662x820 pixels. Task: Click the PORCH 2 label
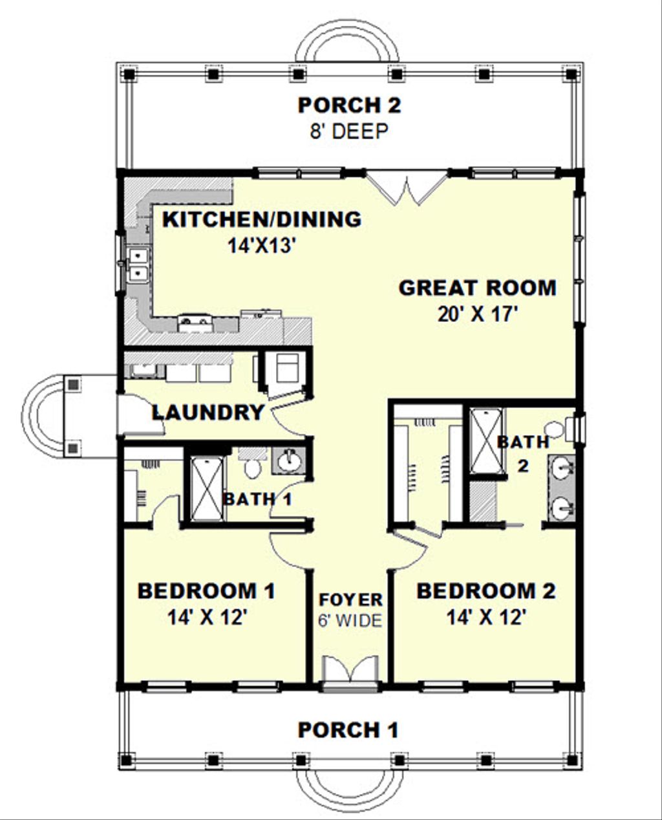click(349, 105)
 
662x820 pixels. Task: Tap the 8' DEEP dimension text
click(349, 131)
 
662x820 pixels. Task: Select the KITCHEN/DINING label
click(261, 219)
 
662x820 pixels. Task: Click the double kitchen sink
click(138, 265)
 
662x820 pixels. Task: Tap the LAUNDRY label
click(208, 412)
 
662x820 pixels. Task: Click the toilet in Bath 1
click(251, 464)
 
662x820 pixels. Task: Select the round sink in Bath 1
click(288, 461)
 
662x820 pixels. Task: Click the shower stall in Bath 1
click(206, 488)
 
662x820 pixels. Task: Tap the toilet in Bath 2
click(554, 429)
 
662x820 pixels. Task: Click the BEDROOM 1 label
click(207, 591)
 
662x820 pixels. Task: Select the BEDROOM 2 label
click(486, 591)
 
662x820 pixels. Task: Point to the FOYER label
click(350, 599)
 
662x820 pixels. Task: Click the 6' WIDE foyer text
click(350, 621)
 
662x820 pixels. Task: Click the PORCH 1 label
click(348, 730)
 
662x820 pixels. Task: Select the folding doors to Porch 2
click(406, 188)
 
